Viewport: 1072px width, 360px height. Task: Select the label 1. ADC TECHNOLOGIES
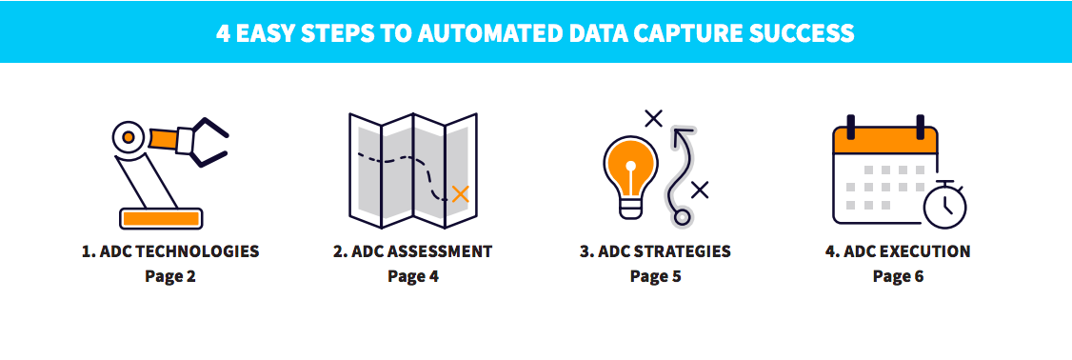[x=170, y=252]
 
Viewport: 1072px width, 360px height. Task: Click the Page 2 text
[x=170, y=277]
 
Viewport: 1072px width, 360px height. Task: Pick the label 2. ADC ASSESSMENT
[x=413, y=252]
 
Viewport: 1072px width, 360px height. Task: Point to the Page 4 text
[x=413, y=277]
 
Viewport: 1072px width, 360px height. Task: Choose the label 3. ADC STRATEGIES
[x=656, y=252]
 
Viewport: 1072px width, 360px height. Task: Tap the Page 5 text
[x=656, y=277]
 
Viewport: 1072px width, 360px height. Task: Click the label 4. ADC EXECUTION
[x=898, y=252]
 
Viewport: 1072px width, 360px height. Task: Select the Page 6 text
[x=898, y=277]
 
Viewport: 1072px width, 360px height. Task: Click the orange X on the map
[x=461, y=194]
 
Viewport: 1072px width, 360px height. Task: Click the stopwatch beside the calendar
[x=944, y=203]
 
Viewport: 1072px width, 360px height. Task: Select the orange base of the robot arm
[x=161, y=218]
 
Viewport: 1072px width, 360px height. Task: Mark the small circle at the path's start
[x=682, y=217]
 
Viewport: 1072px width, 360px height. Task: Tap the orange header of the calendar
[x=885, y=141]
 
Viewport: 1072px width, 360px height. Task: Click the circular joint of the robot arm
[x=126, y=137]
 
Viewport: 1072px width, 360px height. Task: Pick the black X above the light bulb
[x=653, y=118]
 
